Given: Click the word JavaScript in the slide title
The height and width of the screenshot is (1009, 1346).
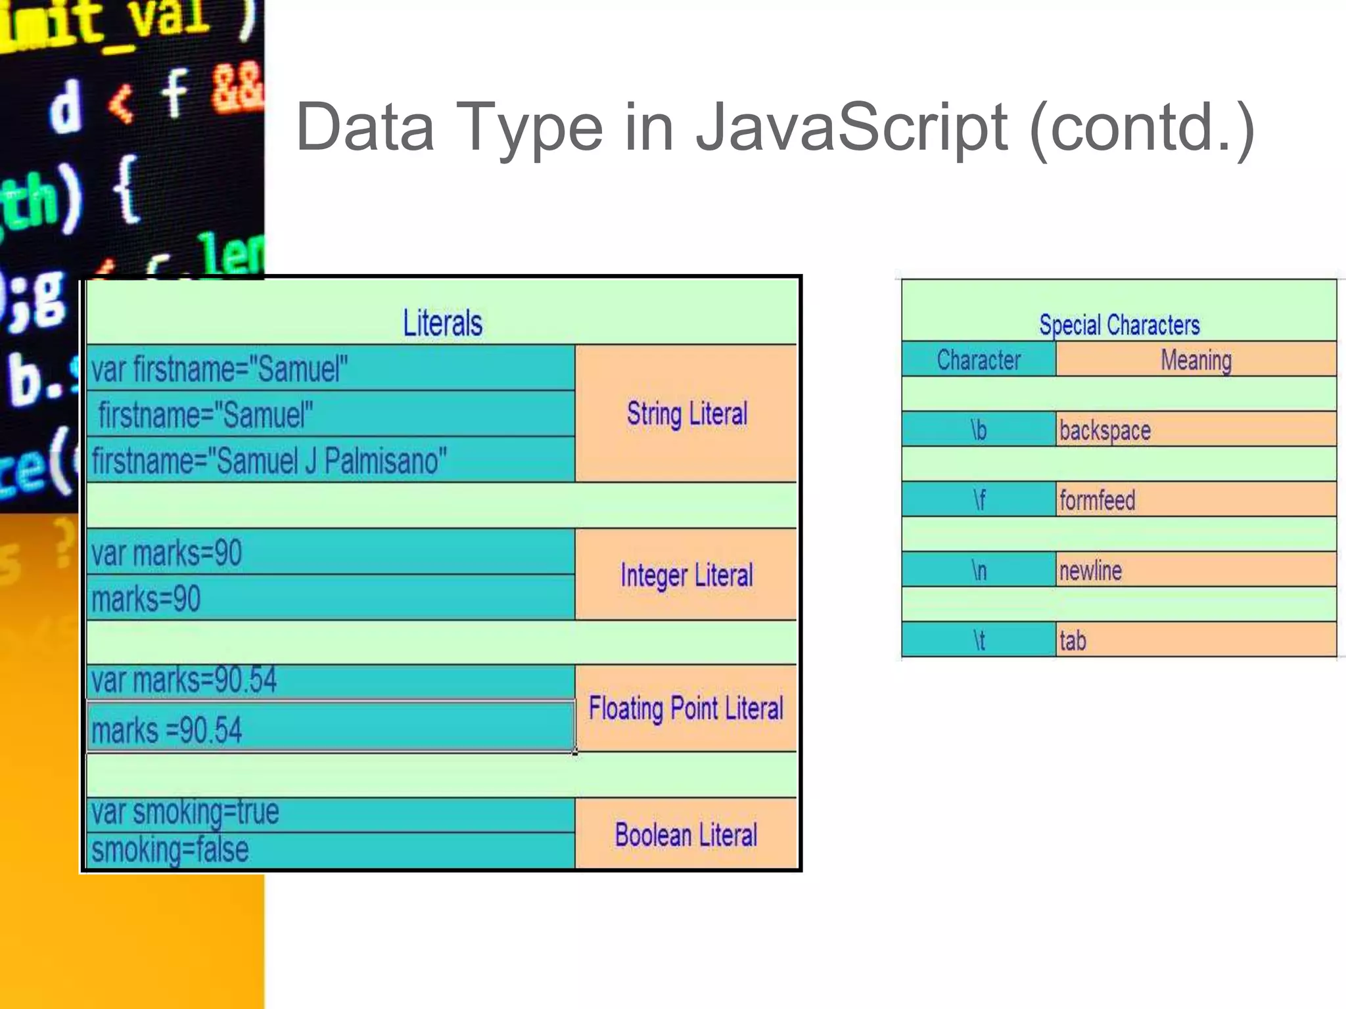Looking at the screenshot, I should point(851,128).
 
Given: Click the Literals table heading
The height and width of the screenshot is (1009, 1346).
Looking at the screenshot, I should point(442,323).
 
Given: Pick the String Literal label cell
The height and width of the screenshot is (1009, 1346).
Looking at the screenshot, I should point(686,414).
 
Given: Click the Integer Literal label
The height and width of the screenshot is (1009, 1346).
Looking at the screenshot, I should point(686,575).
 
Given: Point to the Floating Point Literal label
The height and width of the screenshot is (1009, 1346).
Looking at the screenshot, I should point(686,709).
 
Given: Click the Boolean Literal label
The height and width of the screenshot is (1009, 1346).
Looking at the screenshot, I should point(686,835).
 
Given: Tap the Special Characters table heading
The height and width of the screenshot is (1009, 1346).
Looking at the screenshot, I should point(1119,325).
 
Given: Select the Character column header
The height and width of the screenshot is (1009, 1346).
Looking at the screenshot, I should point(978,360).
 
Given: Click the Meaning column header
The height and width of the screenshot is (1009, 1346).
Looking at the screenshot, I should point(1195,360).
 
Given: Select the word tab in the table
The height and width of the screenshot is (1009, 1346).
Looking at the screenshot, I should point(1073,640).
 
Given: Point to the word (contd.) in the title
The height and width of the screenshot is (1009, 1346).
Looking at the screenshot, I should point(1142,128).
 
